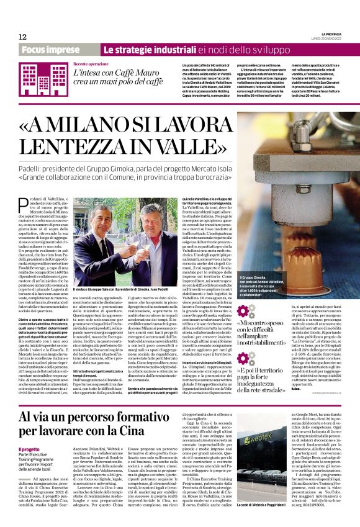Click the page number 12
coord(23,37)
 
